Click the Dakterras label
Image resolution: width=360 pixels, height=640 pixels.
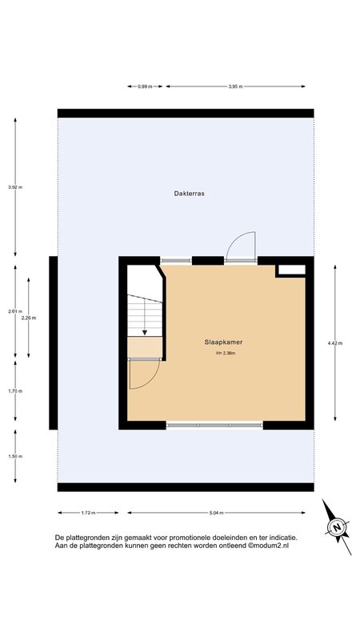point(189,194)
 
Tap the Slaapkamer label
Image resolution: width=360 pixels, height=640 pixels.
point(226,342)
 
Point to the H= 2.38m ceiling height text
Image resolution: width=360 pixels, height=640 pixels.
point(226,354)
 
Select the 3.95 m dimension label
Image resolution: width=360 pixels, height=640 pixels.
point(235,86)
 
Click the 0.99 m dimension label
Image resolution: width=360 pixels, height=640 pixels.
point(145,86)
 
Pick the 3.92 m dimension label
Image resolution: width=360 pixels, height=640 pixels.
point(15,187)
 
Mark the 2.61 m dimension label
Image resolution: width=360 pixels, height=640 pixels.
point(15,311)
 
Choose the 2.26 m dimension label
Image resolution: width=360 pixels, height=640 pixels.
point(29,318)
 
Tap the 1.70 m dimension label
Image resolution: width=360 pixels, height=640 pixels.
point(15,391)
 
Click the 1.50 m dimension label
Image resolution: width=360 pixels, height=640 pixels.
point(15,456)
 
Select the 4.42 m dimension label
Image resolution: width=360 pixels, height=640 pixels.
point(335,343)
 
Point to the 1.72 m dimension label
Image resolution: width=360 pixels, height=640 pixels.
point(88,513)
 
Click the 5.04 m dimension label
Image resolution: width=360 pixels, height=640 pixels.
point(216,513)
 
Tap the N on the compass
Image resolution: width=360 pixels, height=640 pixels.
point(337,527)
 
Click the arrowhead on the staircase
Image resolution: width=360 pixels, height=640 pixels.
point(145,333)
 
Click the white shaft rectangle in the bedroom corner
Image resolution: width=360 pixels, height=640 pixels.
point(291,270)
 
